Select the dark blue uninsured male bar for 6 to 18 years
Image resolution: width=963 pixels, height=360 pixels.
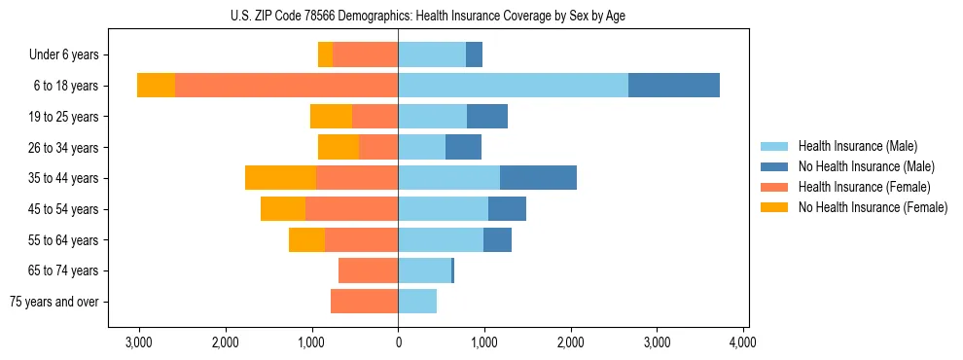pos(674,86)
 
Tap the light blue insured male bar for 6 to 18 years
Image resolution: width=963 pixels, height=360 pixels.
pos(513,86)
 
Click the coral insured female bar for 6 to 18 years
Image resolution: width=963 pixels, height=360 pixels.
pos(286,86)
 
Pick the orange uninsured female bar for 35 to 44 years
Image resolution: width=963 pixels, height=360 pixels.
pos(280,178)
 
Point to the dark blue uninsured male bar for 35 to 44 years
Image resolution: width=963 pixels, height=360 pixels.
pos(538,178)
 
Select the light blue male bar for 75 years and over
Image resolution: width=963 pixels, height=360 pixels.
pos(417,302)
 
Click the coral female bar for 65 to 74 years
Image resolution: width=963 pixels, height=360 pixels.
pos(368,270)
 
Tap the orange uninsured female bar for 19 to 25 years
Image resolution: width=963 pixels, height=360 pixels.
pos(331,117)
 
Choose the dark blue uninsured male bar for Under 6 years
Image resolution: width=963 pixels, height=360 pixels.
pos(474,55)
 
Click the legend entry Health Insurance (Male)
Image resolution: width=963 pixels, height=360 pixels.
pos(857,146)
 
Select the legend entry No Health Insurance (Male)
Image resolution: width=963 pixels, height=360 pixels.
pos(866,166)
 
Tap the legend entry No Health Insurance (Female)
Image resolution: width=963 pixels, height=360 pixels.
pos(873,207)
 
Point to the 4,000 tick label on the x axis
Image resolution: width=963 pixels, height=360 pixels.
pos(743,342)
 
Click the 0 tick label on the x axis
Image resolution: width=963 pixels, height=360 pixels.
pos(398,342)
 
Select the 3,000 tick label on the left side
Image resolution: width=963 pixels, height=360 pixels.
pos(139,342)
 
